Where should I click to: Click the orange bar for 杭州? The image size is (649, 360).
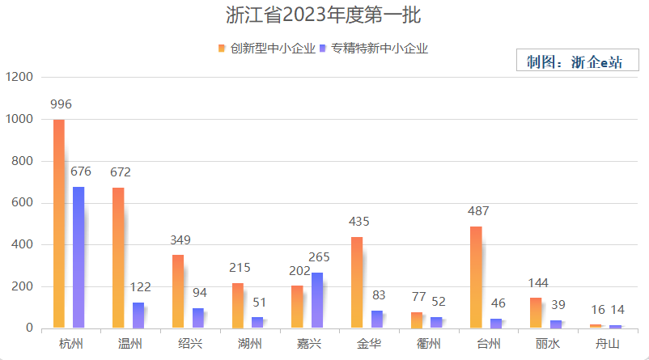point(59,223)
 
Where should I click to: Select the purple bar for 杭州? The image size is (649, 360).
point(78,257)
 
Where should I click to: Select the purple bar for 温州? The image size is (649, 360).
point(138,315)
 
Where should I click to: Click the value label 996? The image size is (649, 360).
point(62,104)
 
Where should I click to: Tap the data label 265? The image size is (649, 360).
point(320,257)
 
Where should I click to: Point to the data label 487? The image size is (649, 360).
point(477,211)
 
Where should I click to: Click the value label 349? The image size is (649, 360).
point(181,240)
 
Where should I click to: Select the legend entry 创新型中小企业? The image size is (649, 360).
point(266,49)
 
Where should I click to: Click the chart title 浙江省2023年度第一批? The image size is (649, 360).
point(324,15)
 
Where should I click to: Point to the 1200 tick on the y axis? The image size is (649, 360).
point(19,77)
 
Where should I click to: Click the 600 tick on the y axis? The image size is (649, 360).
point(23,203)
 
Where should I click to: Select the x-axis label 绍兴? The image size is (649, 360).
point(191,344)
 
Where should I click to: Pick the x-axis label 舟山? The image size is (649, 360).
point(608,344)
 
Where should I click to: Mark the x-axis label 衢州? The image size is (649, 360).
point(429,344)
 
